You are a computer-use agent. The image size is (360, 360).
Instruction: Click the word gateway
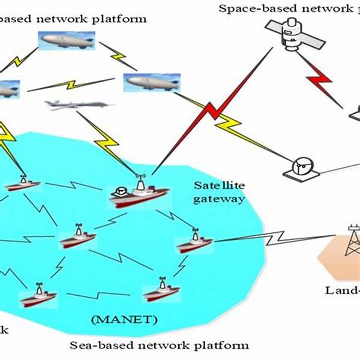(219, 199)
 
